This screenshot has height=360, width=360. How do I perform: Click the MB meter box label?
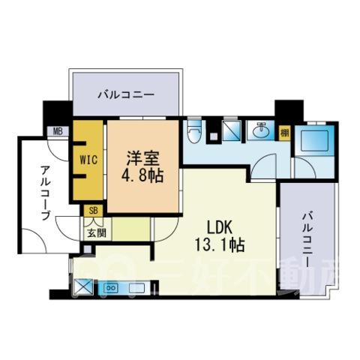58,131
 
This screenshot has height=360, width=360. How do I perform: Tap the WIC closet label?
88,160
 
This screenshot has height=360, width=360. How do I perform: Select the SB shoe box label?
93,211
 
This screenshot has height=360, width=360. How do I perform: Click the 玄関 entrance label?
96,233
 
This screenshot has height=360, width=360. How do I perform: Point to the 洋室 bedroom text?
142,158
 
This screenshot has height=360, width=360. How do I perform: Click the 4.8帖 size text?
142,175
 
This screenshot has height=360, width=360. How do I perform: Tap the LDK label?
219,227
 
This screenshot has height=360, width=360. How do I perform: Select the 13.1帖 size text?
220,244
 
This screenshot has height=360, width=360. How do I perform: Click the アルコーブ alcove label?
45,193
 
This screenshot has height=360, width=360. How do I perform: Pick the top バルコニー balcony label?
126,95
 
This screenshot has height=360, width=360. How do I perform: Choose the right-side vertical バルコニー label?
307,238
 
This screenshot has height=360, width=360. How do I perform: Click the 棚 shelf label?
284,133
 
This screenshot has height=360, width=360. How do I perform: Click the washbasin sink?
261,130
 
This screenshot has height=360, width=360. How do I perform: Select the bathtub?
314,141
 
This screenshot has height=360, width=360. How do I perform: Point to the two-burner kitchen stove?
111,288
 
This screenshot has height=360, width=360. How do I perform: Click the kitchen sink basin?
136,288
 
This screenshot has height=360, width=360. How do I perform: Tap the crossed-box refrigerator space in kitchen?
84,287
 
